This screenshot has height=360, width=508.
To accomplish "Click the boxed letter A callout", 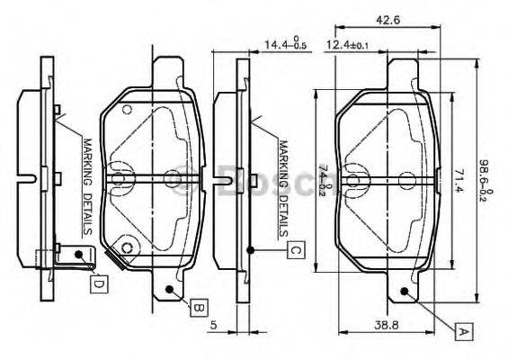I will (x=463, y=331).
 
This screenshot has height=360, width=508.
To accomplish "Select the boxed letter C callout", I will (x=294, y=250).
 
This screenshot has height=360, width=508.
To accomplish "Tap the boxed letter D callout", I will (x=99, y=283).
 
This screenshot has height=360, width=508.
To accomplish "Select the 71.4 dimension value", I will (x=457, y=179).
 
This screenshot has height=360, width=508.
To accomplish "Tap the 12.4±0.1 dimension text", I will (x=347, y=43).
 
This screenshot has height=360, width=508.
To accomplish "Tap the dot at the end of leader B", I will (x=171, y=288).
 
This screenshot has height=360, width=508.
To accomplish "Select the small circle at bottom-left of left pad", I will (x=128, y=249).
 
